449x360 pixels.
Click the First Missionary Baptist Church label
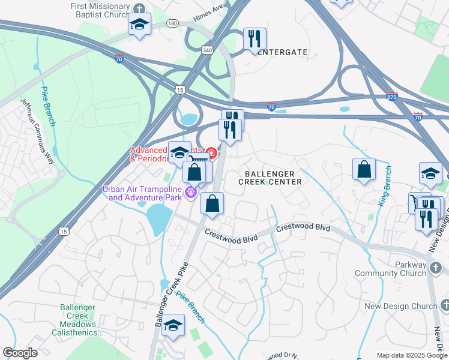click(100, 11)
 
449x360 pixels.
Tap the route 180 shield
click(173, 23)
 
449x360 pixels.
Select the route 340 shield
click(207, 51)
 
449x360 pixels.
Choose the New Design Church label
click(401, 306)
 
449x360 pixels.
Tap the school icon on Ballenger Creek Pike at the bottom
click(173, 325)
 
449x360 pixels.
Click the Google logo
click(20, 353)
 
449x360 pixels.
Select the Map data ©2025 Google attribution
click(411, 355)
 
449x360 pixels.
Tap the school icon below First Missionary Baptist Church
click(140, 25)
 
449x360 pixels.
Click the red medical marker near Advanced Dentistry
click(211, 151)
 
